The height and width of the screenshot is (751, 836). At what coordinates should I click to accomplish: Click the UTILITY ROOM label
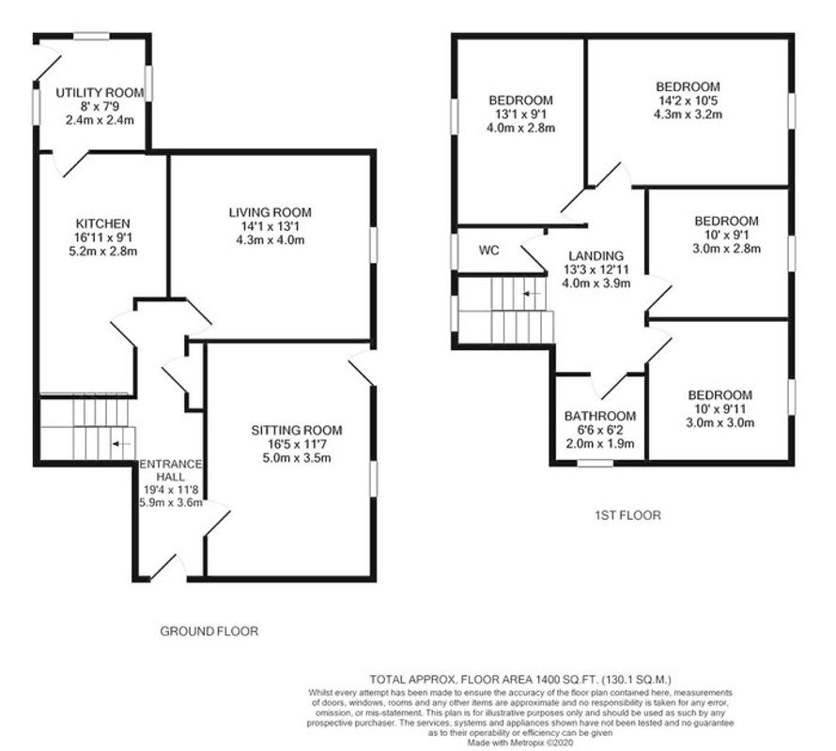point(100,93)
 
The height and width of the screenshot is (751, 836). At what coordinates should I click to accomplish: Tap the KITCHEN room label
point(103,223)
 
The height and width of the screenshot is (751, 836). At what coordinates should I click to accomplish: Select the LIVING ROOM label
point(271,212)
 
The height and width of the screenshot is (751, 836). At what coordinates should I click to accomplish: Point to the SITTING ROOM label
point(297,430)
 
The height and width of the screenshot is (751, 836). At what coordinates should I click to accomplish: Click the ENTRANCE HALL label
point(171,470)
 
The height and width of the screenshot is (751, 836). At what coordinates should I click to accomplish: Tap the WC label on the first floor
point(488,250)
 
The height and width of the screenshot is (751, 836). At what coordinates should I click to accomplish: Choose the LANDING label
point(596,256)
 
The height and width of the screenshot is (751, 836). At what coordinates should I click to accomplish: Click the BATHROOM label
point(600,416)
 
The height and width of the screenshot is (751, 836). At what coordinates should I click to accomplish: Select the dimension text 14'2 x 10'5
point(688,100)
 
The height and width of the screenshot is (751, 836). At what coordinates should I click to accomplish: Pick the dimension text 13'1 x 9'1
point(521,115)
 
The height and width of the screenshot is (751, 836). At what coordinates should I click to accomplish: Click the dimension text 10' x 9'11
point(720,408)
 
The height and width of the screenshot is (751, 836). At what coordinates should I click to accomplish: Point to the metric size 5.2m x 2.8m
point(103,251)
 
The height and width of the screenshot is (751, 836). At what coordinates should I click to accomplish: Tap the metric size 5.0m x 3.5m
point(297,458)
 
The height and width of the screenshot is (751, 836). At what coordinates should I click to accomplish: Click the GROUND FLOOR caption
point(209,631)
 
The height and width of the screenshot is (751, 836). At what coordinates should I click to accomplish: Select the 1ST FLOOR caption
point(627,514)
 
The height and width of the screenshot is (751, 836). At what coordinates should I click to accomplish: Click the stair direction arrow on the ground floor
point(121,443)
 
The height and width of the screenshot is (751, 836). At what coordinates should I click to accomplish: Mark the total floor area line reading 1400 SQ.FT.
point(520,679)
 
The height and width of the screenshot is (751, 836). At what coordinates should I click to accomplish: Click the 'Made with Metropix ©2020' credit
point(520,742)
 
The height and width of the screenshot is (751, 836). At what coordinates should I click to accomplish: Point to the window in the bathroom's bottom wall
point(596,463)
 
